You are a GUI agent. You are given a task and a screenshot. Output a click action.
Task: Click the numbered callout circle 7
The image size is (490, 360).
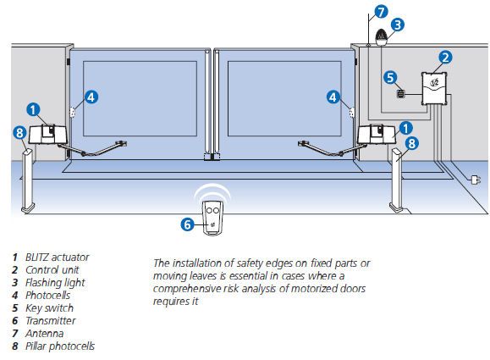(x=381, y=12)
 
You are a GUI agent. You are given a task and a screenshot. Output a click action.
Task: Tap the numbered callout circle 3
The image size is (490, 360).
(x=398, y=25)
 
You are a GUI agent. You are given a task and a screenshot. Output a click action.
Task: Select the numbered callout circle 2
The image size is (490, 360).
(x=445, y=58)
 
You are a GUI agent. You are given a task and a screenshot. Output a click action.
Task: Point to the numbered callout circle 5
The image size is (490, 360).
(x=390, y=77)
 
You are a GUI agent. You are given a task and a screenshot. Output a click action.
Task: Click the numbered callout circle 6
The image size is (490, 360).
(x=188, y=224)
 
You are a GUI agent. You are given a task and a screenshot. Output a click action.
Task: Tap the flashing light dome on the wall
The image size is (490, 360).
(x=382, y=37)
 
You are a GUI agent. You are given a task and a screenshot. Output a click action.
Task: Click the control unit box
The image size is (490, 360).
(x=434, y=88)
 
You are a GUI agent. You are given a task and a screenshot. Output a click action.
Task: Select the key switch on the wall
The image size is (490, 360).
(x=400, y=94)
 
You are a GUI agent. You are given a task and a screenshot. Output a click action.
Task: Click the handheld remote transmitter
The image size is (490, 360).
(x=212, y=218)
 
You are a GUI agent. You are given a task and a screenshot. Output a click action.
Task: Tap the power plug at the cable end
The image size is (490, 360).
(x=476, y=180)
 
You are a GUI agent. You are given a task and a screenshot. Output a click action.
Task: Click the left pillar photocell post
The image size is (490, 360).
(x=28, y=180)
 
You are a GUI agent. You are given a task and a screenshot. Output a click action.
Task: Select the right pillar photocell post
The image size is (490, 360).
(x=397, y=180)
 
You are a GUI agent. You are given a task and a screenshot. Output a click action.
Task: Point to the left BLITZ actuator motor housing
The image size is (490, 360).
(x=47, y=134)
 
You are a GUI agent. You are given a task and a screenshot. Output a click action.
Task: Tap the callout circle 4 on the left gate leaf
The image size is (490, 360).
(x=91, y=97)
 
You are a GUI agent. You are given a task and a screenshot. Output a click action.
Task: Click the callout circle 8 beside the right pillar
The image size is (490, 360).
(x=412, y=143)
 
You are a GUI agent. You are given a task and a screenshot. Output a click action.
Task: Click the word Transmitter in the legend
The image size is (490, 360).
(x=51, y=320)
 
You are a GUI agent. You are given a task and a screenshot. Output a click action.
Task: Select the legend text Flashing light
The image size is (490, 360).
(x=55, y=283)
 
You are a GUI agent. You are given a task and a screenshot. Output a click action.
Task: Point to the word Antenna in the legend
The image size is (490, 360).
(x=45, y=334)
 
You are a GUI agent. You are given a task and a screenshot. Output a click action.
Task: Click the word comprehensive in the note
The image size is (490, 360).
(x=187, y=289)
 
